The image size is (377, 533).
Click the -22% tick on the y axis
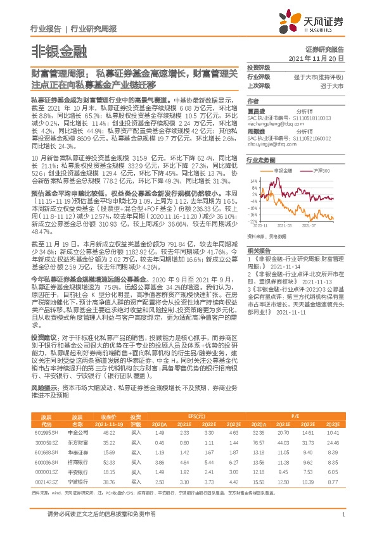coord(253,222)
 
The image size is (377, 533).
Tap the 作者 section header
coord(253,101)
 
